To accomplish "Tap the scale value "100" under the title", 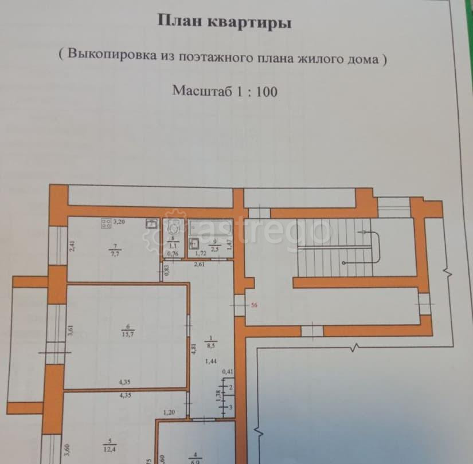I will [264, 91].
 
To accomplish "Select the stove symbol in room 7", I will [106, 223].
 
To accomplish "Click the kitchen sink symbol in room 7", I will [151, 224].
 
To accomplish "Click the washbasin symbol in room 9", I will [196, 242].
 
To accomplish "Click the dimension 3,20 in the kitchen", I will [119, 221].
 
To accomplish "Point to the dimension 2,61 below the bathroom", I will [199, 264].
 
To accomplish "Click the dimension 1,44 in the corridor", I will [212, 361].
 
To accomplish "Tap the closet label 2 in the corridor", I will [230, 388].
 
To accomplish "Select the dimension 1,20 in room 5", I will [169, 412].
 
